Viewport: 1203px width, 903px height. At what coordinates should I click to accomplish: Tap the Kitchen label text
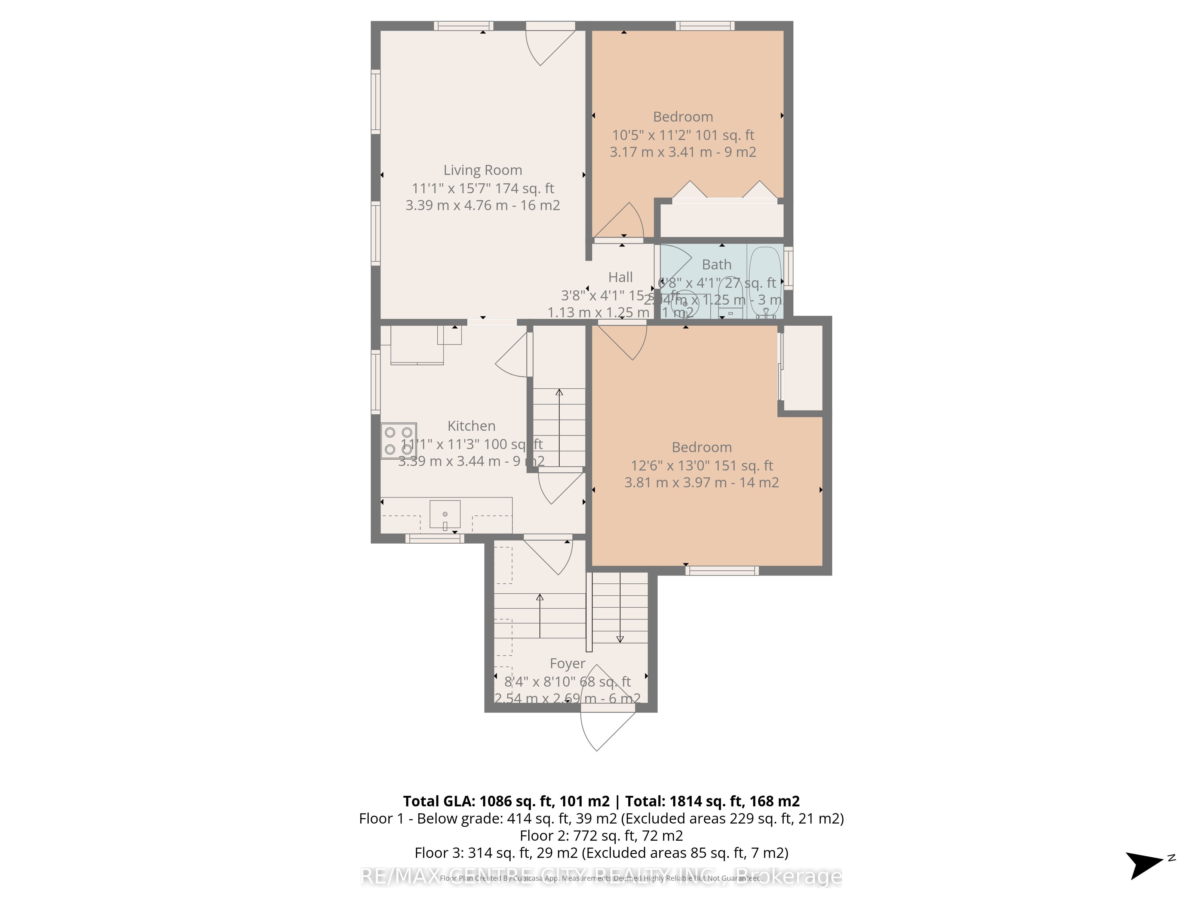click(x=471, y=426)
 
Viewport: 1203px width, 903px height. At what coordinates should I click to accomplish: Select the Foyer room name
click(x=567, y=663)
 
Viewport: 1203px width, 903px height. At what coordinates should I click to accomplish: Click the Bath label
click(x=716, y=265)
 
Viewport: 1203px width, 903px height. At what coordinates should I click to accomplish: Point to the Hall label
click(x=620, y=277)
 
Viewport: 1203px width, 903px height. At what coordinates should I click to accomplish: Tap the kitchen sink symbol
click(x=445, y=514)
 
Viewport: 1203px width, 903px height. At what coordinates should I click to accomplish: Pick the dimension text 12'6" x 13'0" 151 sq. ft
click(x=702, y=465)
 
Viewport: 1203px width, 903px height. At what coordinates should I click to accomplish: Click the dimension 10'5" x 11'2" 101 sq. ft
click(x=683, y=135)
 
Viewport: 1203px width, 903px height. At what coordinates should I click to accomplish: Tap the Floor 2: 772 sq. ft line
click(x=601, y=836)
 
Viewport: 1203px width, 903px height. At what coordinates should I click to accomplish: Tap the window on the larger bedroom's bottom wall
click(x=722, y=570)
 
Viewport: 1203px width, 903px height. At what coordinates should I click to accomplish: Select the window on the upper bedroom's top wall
click(x=705, y=26)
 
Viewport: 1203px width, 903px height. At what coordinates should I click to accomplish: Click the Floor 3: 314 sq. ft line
click(x=601, y=852)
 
